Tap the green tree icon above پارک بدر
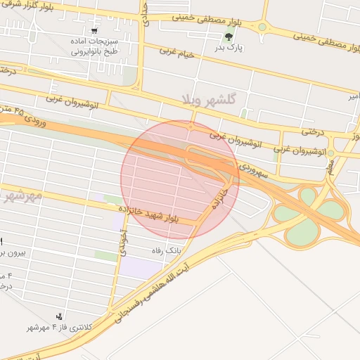click(x=227, y=37)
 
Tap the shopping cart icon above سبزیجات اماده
click(x=95, y=32)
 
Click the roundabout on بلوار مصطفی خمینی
click(x=262, y=27)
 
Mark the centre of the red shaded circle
click(x=179, y=179)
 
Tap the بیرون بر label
click(x=11, y=252)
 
